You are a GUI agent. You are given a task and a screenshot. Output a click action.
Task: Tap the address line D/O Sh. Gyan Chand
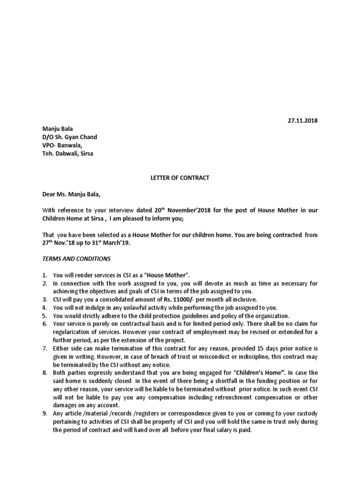pos(70,137)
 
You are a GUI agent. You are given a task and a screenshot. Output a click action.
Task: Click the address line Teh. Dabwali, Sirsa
pos(67,153)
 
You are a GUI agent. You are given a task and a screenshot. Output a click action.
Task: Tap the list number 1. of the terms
pos(45,275)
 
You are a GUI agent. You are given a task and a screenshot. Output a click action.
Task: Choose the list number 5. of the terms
pos(45,315)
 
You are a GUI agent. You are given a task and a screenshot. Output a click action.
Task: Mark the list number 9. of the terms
pos(45,414)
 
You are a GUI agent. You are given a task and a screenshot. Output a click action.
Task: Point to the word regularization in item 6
pos(71,332)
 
